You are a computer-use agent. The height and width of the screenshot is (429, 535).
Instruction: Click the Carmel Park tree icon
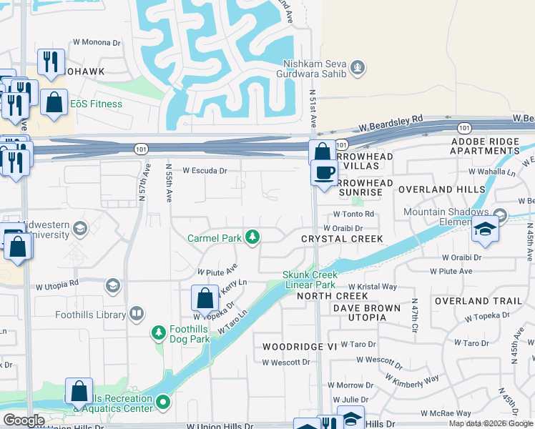coord(252,237)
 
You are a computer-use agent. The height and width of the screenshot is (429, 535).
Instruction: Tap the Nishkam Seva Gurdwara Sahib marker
coord(358,69)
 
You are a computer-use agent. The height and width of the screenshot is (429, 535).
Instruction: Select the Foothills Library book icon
coord(137,314)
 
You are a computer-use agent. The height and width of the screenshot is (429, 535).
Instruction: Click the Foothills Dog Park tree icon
coord(159,332)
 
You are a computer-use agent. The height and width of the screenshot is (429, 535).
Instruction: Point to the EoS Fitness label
coord(96,104)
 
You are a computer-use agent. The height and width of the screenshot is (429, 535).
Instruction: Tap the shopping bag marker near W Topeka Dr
coord(205,298)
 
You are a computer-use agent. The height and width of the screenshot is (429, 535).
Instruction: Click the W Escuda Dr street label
coord(205,171)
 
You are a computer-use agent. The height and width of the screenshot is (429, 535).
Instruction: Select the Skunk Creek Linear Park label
coord(310,280)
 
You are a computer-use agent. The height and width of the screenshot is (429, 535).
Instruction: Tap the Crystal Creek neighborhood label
coord(342,238)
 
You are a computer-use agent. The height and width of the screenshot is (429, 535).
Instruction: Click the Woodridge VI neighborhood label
coord(289,346)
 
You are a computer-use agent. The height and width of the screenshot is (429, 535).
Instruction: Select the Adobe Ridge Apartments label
coord(485,147)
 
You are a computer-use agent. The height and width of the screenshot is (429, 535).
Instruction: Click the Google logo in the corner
coord(24,420)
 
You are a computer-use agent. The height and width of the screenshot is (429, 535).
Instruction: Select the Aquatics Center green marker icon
coord(163,403)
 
